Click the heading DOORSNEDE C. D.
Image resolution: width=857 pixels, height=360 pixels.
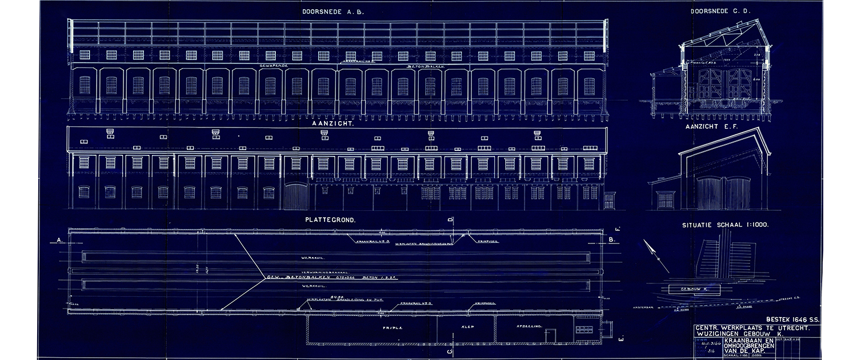tap(720, 11)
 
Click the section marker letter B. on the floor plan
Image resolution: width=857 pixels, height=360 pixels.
tap(611, 241)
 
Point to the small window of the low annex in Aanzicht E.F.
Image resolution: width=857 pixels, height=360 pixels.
tap(665, 200)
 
